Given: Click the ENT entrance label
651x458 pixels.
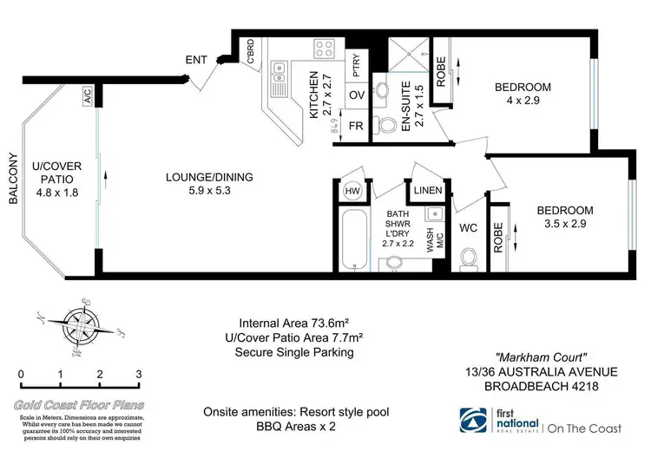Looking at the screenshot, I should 196,60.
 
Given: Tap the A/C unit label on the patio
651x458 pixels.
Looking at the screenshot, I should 88,98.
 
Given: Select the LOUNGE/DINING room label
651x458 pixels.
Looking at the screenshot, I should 209,178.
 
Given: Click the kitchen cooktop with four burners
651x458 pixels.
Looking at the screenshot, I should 324,49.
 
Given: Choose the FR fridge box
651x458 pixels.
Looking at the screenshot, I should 356,126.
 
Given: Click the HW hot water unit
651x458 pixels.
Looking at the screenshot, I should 352,191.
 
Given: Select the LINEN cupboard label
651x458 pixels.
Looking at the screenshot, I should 428,191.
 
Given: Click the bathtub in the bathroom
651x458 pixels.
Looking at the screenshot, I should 352,239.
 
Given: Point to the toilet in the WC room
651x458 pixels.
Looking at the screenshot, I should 469,258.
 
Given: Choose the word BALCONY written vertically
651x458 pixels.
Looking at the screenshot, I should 13,179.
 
